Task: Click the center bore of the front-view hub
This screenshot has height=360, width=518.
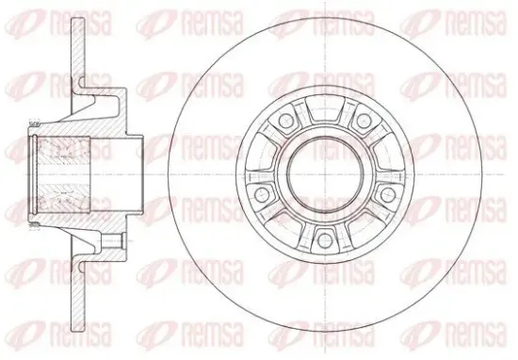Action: pyautogui.click(x=325, y=174)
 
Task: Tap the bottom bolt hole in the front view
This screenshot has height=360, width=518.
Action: pyautogui.click(x=324, y=239)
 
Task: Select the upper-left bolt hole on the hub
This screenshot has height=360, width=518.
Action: pyautogui.click(x=285, y=120)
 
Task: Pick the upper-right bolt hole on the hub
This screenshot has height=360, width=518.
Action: pyautogui.click(x=364, y=120)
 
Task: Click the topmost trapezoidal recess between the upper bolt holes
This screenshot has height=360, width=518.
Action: pyautogui.click(x=325, y=108)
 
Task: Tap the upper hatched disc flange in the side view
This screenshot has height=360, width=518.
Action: pyautogui.click(x=78, y=53)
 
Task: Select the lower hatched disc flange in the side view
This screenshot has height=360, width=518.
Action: pyautogui.click(x=78, y=295)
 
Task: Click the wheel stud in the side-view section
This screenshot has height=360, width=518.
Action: pyautogui.click(x=113, y=240)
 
